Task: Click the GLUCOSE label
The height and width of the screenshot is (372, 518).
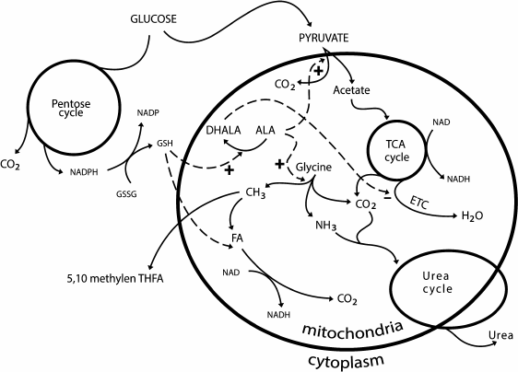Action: [x=154, y=18]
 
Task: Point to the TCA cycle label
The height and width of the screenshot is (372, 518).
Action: [x=394, y=149]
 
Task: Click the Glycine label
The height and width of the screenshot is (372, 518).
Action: [x=313, y=169]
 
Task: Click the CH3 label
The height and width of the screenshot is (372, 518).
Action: [x=255, y=193]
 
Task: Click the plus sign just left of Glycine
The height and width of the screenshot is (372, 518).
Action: [x=279, y=164]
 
